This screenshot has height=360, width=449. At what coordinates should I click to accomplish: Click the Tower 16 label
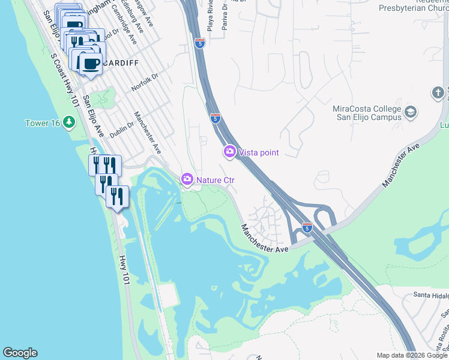point(43,123)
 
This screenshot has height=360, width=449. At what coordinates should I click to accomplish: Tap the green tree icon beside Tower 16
point(69,123)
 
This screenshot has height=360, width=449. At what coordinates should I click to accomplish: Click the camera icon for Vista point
point(229,152)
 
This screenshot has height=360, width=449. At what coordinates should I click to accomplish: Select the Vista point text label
point(259,152)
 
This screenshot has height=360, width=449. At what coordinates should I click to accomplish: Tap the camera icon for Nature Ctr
point(187,179)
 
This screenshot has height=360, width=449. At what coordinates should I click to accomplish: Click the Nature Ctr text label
point(215,179)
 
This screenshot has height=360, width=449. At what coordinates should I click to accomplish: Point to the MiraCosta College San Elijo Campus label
point(366,113)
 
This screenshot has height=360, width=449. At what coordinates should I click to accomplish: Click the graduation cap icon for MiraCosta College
point(411,112)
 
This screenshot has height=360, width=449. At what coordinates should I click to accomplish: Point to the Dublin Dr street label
point(122,128)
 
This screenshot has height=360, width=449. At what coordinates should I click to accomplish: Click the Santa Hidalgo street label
point(431,295)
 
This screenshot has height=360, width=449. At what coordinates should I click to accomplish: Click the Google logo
point(20,353)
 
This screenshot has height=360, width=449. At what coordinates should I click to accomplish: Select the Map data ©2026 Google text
point(412,355)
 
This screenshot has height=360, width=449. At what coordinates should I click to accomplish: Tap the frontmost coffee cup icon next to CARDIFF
point(91,64)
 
